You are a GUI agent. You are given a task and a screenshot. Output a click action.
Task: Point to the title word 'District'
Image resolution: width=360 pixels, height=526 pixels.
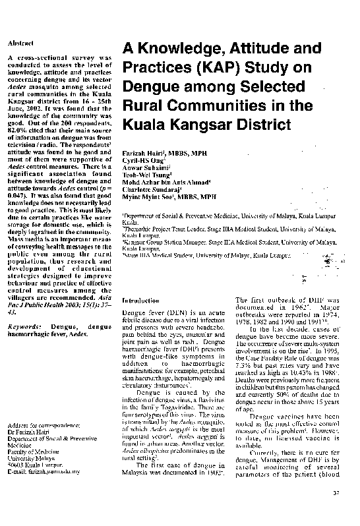click(258, 123)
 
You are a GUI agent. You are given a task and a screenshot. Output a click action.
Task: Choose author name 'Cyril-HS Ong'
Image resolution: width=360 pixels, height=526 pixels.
click(140, 160)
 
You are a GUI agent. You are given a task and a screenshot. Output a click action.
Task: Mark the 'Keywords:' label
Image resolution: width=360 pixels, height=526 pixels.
click(25, 326)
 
